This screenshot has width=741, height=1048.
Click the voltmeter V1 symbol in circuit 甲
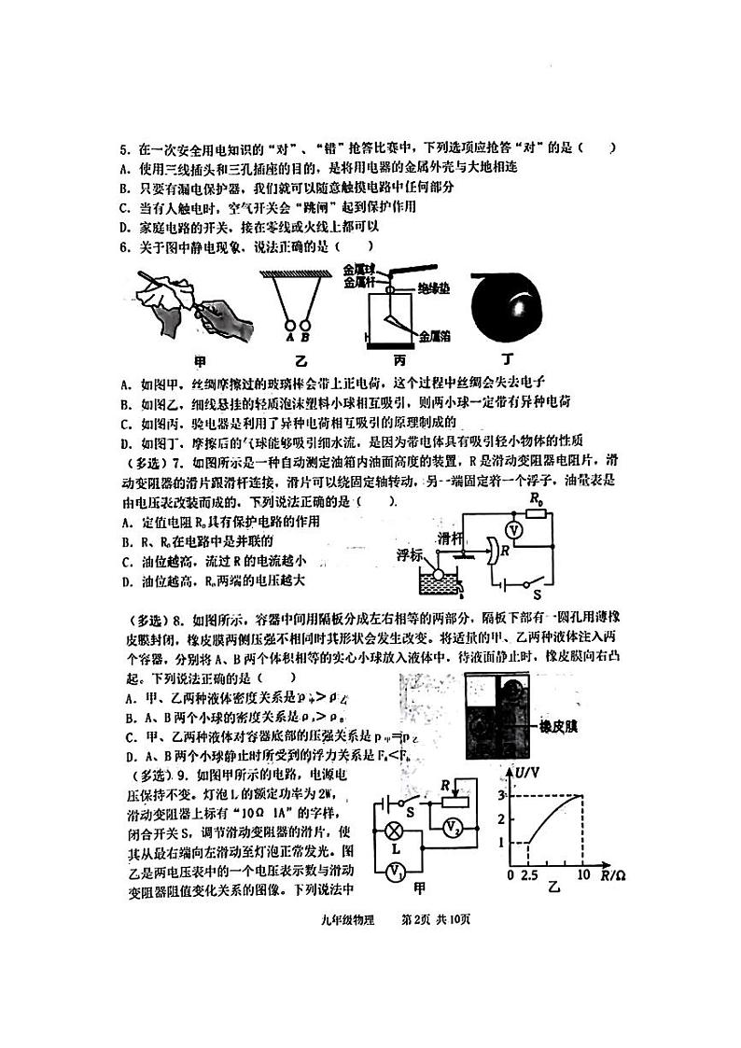tap(395, 870)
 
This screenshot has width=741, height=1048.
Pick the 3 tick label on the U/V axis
tap(501, 795)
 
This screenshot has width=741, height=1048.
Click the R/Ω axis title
tap(614, 876)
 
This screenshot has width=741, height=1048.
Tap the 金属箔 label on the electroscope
tap(436, 333)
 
